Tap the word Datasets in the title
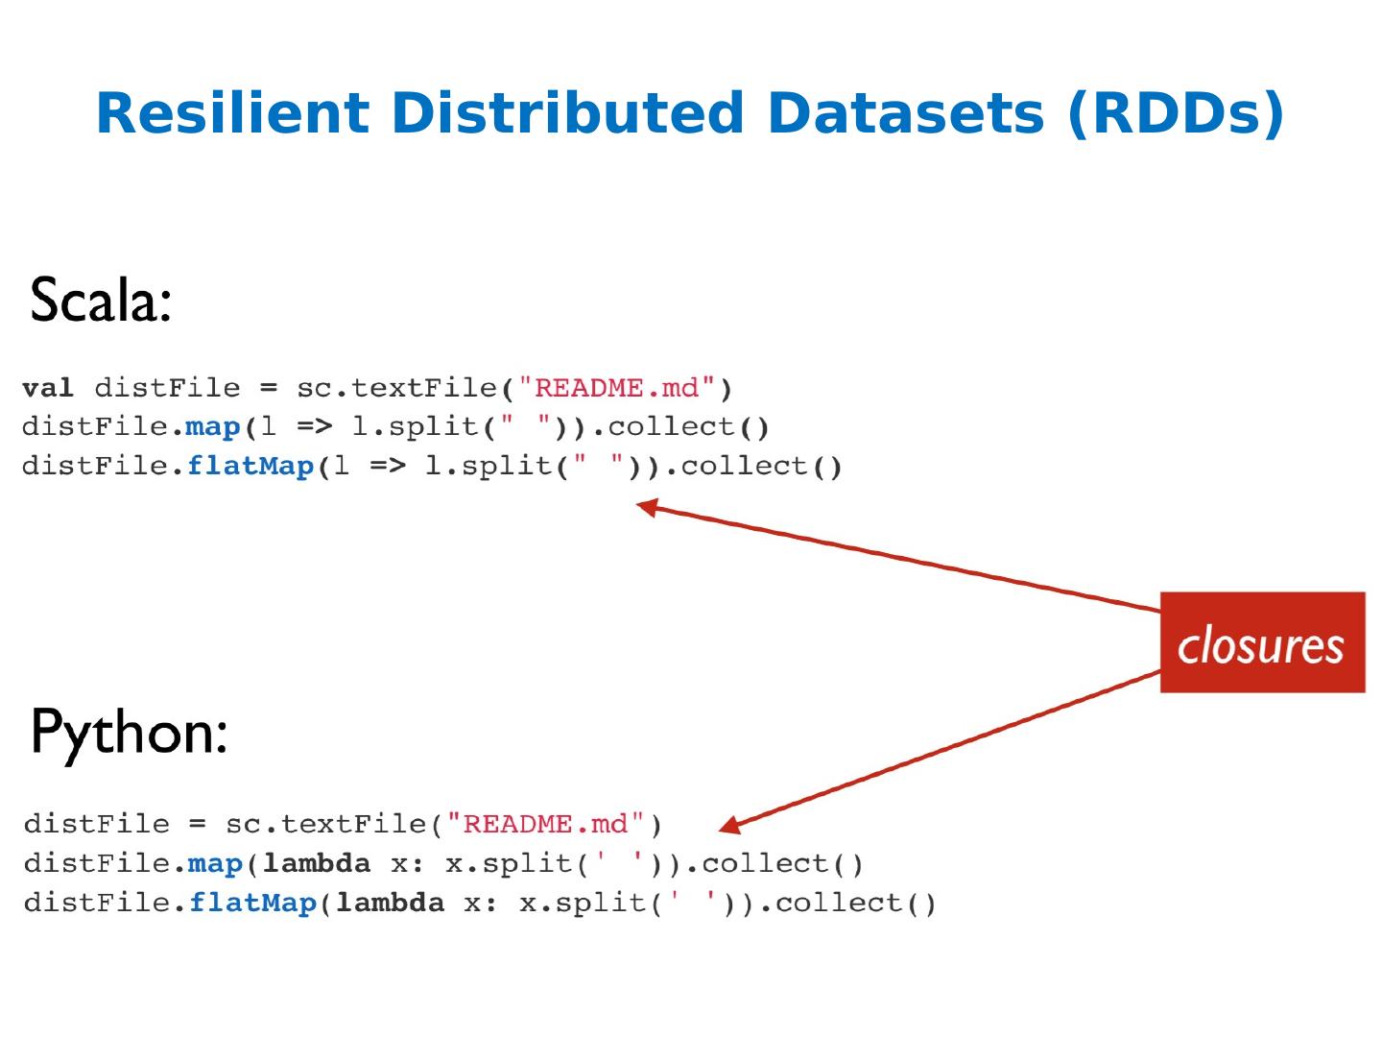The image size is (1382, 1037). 904,113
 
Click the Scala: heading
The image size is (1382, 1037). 101,301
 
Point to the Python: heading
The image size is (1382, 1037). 129,733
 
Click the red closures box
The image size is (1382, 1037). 1261,642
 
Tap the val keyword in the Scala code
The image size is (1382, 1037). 47,388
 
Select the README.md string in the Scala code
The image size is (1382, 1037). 616,388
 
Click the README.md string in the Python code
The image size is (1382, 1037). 545,824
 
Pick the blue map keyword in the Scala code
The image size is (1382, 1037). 212,426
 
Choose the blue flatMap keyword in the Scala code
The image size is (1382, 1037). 250,466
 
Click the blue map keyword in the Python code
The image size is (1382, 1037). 215,863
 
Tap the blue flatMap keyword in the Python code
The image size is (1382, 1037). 252,903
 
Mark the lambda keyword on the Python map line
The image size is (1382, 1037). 316,863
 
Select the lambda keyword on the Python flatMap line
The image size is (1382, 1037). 390,903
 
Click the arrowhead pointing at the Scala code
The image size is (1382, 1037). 648,506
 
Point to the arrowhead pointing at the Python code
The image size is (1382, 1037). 729,825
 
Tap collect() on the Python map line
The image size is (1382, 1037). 782,863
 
